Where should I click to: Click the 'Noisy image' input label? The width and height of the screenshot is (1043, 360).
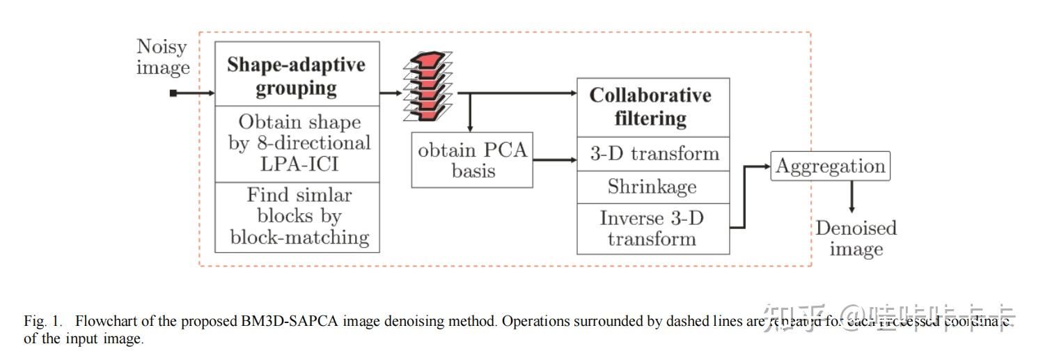point(163,57)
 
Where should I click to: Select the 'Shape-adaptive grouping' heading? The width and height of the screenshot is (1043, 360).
point(297,77)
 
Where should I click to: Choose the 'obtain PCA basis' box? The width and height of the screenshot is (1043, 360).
point(472,160)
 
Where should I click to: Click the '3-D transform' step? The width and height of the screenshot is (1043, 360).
point(652,154)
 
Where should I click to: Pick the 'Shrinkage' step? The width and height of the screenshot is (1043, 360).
point(652,187)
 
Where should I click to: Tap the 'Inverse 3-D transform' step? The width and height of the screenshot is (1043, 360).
point(652,228)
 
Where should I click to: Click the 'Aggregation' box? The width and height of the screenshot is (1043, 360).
point(830,166)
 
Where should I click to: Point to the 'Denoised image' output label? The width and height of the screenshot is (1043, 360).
point(856,239)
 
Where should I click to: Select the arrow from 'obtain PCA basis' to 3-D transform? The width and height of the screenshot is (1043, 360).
point(555,160)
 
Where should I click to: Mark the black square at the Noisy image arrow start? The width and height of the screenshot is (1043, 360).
point(173,93)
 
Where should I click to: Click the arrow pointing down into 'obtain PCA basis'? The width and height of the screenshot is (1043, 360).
point(471,115)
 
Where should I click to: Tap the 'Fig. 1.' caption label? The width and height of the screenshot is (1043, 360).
point(43,322)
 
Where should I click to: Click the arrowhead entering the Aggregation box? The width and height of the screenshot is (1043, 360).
point(766,166)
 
